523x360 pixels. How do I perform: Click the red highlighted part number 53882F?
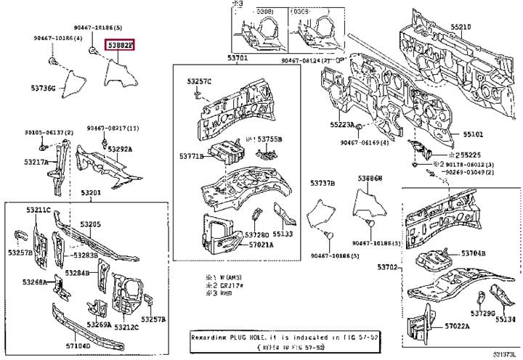pyautogui.click(x=121, y=45)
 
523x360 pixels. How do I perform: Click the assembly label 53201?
pyautogui.click(x=91, y=193)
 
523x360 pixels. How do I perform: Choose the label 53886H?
pyautogui.click(x=370, y=177)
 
